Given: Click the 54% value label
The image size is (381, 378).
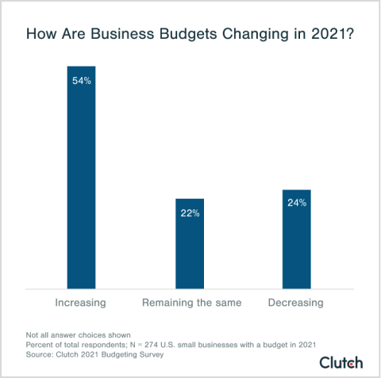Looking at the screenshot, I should coord(81,81).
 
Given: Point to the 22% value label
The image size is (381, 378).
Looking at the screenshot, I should coord(189,212).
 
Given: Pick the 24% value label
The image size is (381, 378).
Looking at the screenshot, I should coord(296,203).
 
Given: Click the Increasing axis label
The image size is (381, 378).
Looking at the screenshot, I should coord(81,304).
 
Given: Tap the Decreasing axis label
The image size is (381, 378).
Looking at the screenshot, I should coord(296,304).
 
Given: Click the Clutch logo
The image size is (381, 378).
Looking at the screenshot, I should coord(341,362).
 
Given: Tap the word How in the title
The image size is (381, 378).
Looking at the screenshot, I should coord(40,36).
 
